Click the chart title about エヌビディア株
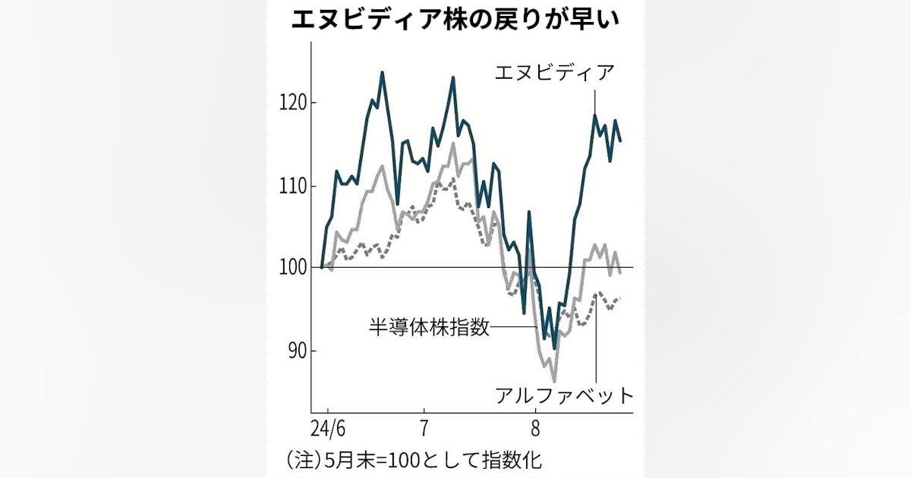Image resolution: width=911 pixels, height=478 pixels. tap(455, 20)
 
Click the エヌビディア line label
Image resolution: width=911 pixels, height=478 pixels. tap(554, 74)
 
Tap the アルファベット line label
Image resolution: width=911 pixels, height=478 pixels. tap(563, 395)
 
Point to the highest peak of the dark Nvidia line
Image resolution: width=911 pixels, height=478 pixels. tap(382, 73)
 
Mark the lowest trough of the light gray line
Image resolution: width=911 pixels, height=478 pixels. tap(554, 380)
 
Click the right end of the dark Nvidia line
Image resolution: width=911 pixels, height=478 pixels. tap(620, 141)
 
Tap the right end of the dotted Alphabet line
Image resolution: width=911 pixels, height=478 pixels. tap(620, 298)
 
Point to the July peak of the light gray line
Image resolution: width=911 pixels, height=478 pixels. tap(453, 143)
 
